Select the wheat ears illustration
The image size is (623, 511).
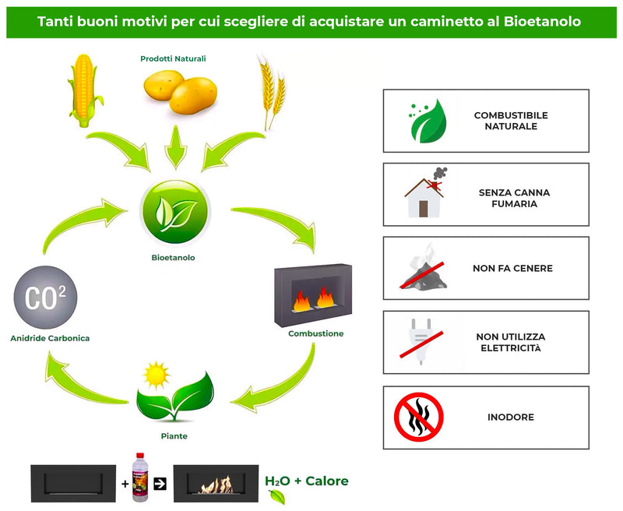(271, 92)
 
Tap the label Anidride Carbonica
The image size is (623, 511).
(50, 338)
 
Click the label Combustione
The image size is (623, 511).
(315, 333)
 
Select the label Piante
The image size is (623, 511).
(174, 436)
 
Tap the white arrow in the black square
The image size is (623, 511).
(160, 484)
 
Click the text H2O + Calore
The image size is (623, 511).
(306, 481)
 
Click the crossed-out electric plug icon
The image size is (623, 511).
(421, 342)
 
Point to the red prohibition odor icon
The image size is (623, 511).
(419, 417)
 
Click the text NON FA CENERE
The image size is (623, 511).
(512, 268)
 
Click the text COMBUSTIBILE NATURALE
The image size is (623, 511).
(511, 121)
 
